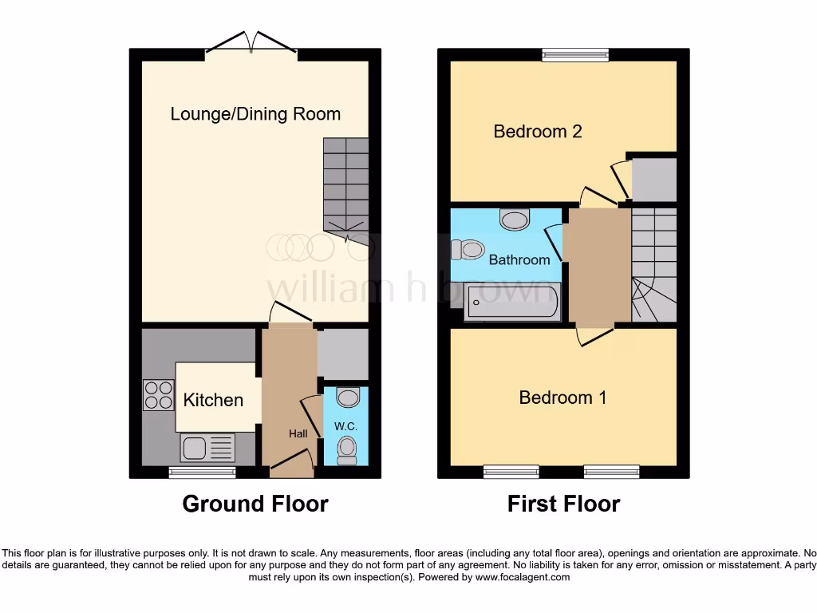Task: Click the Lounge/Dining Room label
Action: tap(255, 114)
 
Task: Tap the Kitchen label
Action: tap(213, 400)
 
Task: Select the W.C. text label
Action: tap(347, 427)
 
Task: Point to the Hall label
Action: tap(298, 433)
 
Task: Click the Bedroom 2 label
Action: tap(538, 132)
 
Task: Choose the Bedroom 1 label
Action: tap(562, 397)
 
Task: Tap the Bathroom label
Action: tap(519, 259)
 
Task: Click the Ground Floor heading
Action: tap(255, 504)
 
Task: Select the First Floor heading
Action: tap(563, 504)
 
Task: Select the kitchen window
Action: tap(203, 473)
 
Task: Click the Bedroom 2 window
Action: tap(574, 55)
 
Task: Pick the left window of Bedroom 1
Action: tap(511, 473)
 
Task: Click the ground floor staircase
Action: tap(346, 188)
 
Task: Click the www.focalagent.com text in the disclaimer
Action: tap(522, 577)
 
